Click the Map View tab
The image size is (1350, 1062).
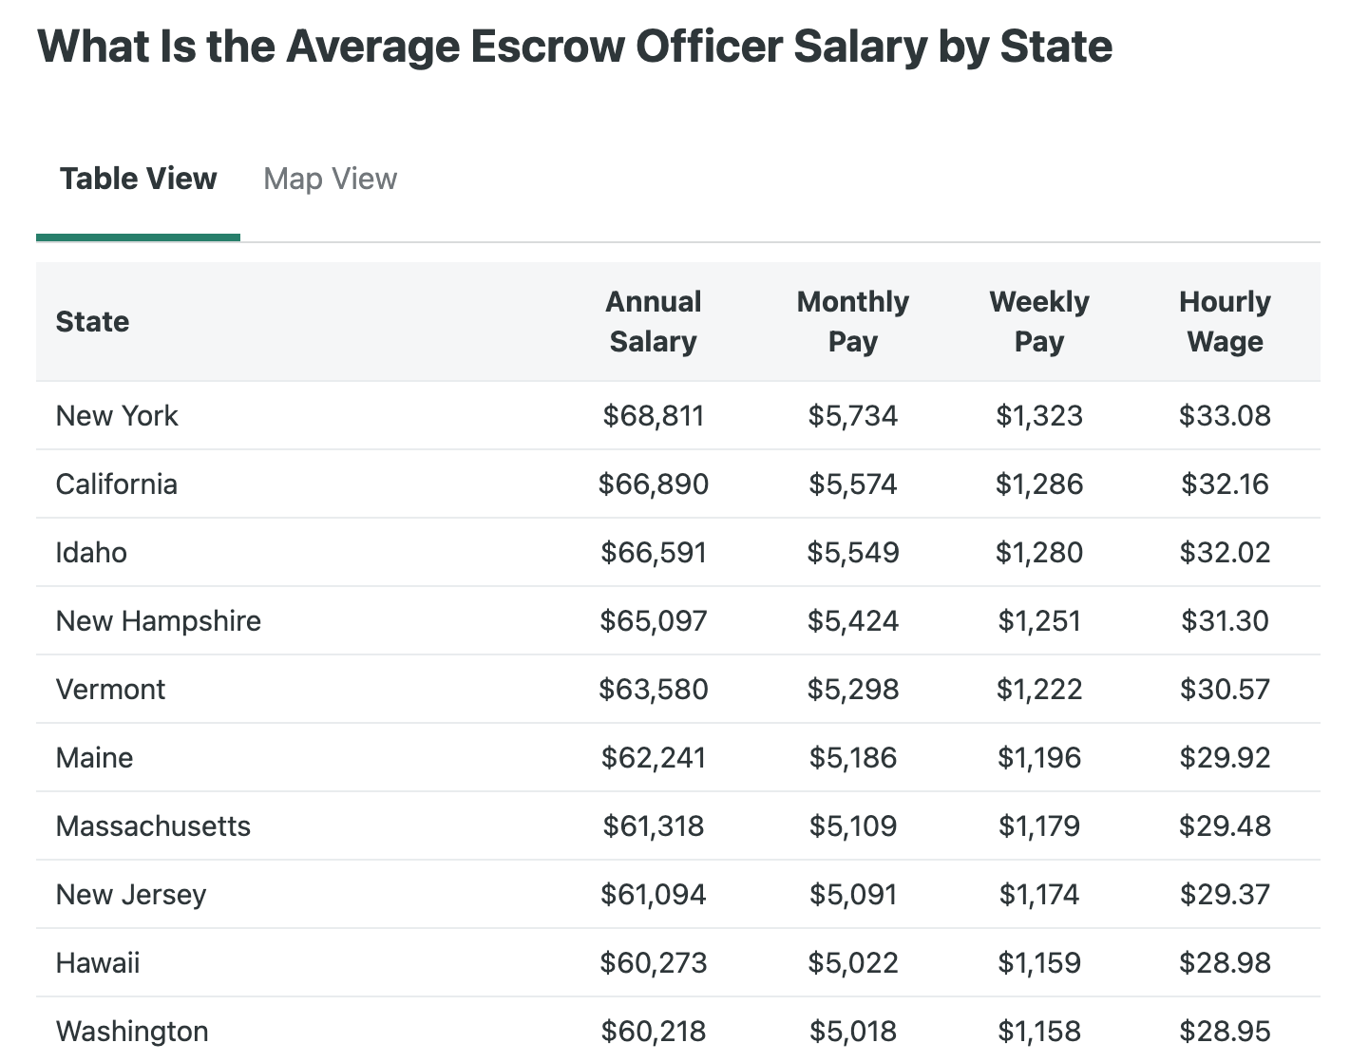330,179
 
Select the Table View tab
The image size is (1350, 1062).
139,179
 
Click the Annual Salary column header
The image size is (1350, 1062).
654,321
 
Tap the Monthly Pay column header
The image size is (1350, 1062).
852,321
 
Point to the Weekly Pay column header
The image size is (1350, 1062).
1038,321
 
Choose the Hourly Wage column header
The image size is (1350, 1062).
1225,321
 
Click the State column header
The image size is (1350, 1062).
92,321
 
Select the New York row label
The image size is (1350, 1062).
117,415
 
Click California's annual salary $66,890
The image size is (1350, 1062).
654,484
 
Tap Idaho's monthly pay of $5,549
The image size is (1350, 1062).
852,552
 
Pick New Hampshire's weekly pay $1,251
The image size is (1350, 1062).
1038,620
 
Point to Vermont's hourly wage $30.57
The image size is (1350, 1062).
1225,689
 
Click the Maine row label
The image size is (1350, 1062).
94,757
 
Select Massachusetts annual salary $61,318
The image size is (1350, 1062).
654,825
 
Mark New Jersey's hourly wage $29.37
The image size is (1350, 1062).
1225,894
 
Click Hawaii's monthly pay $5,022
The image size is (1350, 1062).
852,962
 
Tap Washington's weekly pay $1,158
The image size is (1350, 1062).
1038,1031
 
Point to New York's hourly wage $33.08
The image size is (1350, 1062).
1225,415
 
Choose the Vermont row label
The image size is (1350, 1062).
110,689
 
